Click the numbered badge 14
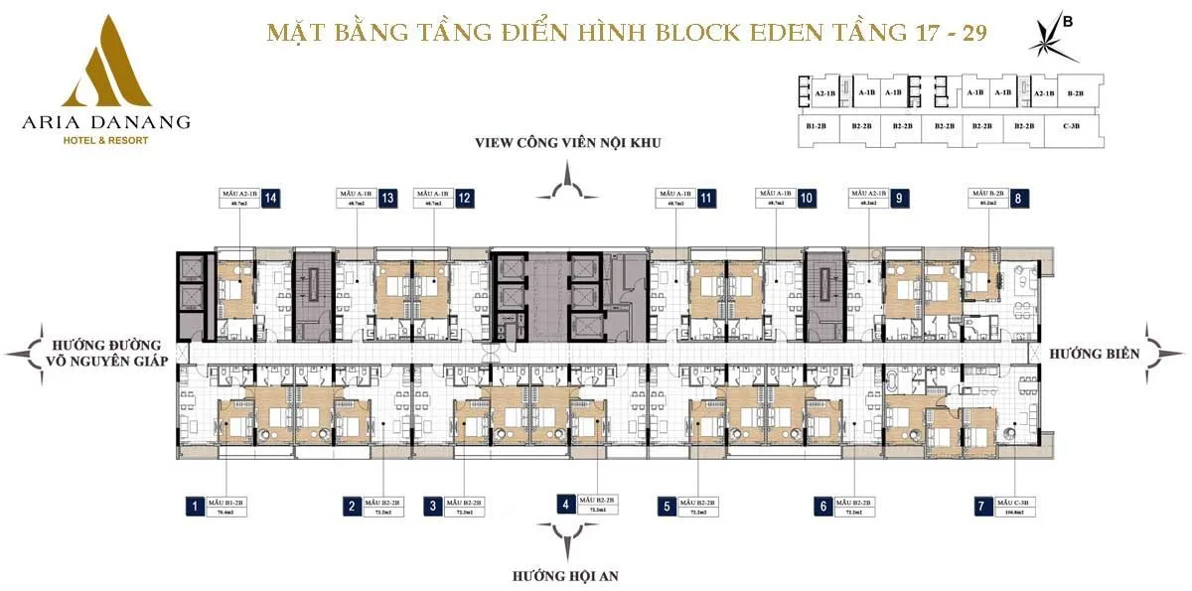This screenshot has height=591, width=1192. click(x=270, y=198)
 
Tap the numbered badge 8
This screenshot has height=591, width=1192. click(x=1019, y=198)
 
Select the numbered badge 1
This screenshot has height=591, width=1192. click(x=195, y=507)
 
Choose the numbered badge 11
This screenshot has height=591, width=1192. click(x=707, y=198)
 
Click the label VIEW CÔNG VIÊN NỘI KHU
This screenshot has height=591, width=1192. click(x=568, y=143)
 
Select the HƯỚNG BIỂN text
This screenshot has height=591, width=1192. click(x=1093, y=353)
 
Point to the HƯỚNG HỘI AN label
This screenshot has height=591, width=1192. click(x=566, y=575)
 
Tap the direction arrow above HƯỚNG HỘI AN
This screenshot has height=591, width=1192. click(x=566, y=542)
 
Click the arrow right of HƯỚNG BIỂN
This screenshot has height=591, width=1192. click(x=1163, y=352)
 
